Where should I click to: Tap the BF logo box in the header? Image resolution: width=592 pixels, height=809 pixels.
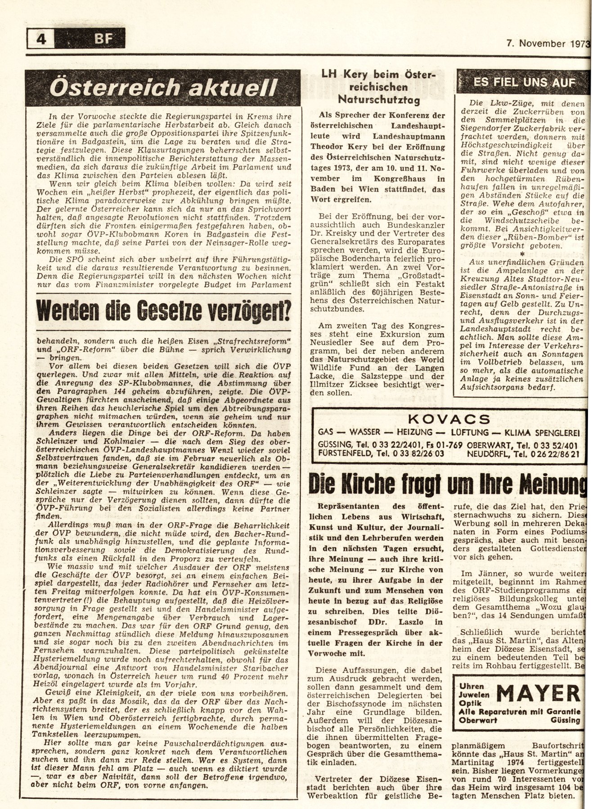click(x=103, y=39)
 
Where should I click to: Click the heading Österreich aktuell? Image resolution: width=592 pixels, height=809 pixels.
click(x=163, y=88)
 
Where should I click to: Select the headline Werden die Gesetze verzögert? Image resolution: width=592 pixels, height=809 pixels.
click(x=163, y=310)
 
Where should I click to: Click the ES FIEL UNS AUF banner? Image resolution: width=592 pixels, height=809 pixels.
click(x=524, y=82)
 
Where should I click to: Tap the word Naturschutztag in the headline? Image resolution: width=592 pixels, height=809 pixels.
click(x=379, y=99)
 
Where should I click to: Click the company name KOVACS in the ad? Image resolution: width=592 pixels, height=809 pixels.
click(x=448, y=420)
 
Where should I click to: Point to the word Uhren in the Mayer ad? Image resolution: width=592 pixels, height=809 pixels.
click(x=471, y=686)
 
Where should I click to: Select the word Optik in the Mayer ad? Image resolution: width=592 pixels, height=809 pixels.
click(x=470, y=703)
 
